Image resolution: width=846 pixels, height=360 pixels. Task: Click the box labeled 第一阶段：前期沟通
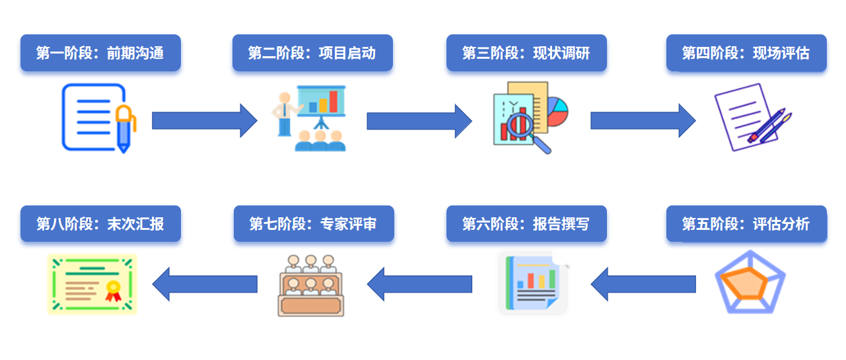pos(100,53)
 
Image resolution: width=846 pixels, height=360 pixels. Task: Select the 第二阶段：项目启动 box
pos(312,53)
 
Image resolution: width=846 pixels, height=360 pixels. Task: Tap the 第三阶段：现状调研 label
pos(526,53)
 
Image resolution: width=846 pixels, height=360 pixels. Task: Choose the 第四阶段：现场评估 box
pos(746,53)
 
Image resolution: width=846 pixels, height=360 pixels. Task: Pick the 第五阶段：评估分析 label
pos(746,224)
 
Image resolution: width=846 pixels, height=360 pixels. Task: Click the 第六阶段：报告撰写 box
pos(526,224)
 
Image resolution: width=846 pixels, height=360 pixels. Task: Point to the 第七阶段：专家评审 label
pos(313,224)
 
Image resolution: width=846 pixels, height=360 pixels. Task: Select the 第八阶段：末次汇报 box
pos(100,224)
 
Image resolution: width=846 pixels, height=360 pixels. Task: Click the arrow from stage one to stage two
pos(205,121)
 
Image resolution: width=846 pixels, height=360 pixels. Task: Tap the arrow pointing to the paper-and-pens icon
pos(643,121)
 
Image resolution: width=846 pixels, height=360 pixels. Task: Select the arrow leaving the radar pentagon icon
pos(643,284)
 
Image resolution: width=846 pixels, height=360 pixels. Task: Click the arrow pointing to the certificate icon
pos(205,284)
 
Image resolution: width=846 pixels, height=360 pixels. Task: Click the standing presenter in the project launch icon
pos(285,114)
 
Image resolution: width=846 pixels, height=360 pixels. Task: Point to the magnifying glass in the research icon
pos(528,132)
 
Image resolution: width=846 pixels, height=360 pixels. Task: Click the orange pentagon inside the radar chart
pos(744,283)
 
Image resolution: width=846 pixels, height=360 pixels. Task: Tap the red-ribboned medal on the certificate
pos(114,291)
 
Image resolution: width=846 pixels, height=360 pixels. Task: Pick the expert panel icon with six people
pos(311,285)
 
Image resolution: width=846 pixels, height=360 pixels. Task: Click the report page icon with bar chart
pos(532,283)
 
